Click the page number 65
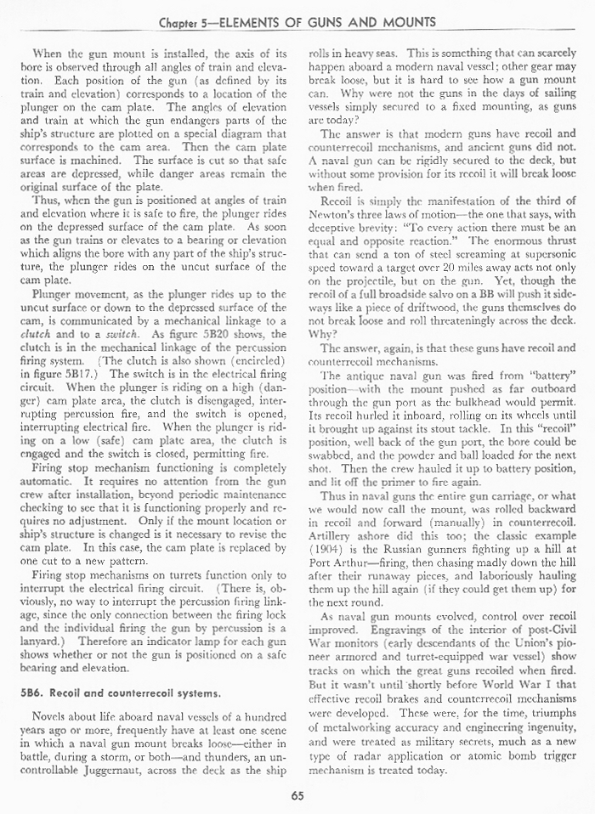coord(297,796)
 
